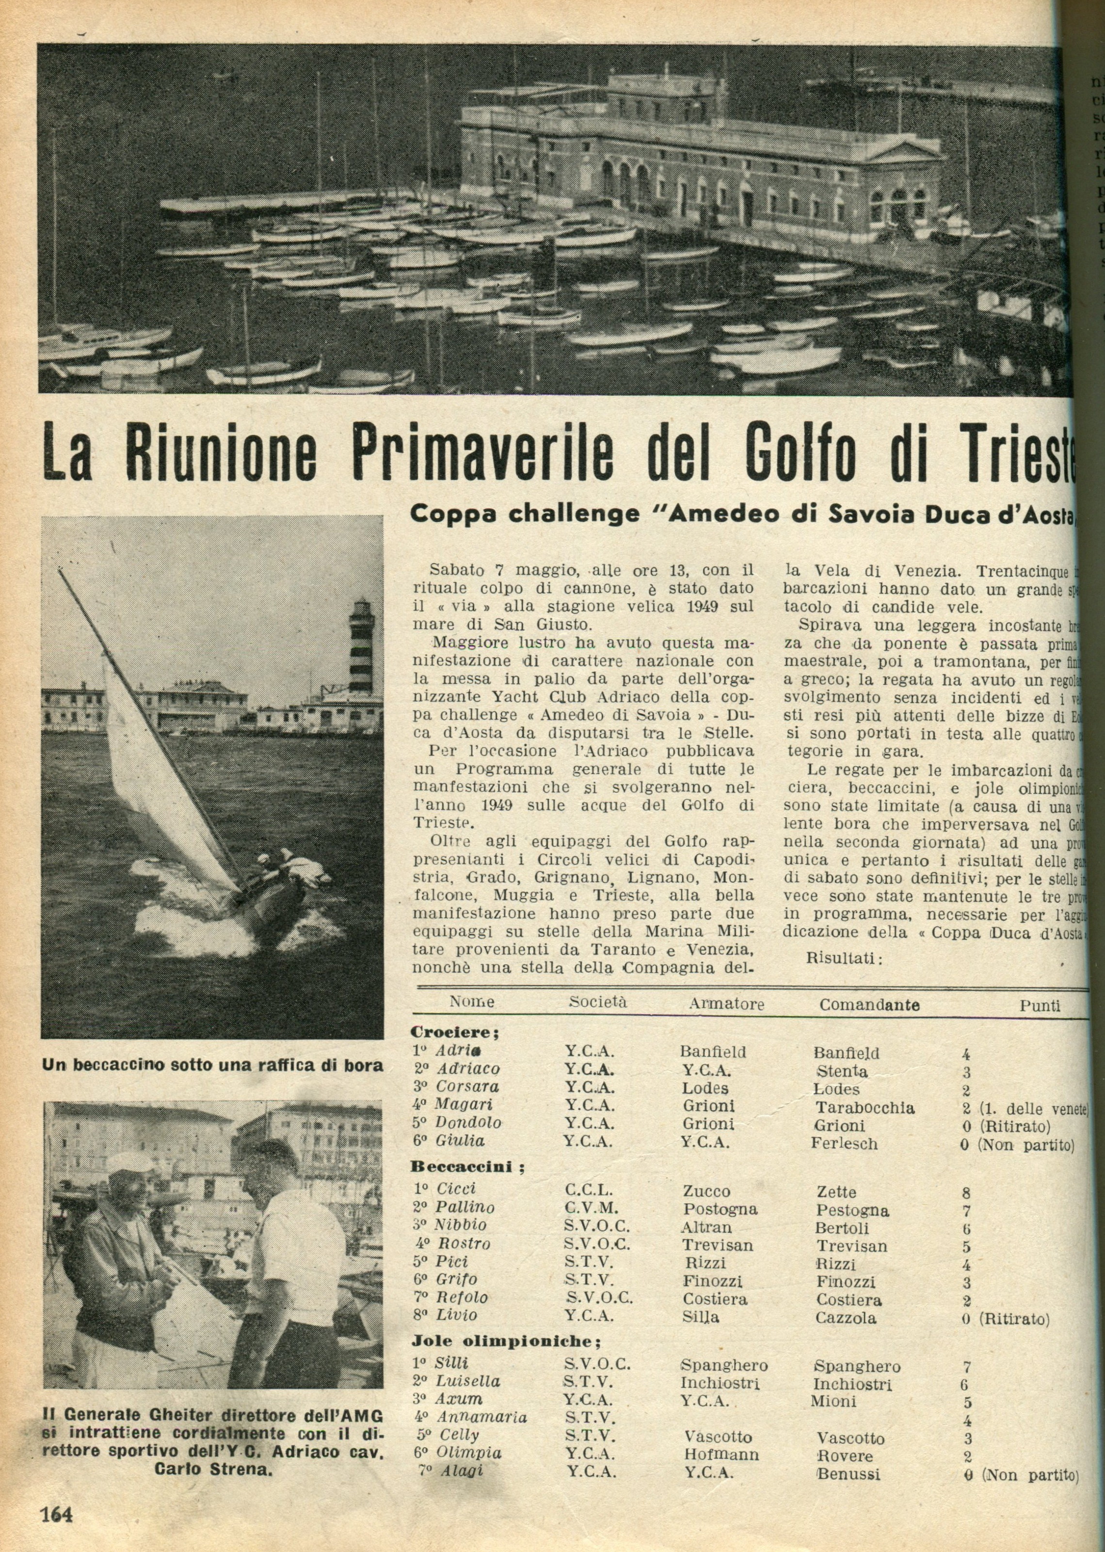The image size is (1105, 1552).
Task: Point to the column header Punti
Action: point(1040,1005)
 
